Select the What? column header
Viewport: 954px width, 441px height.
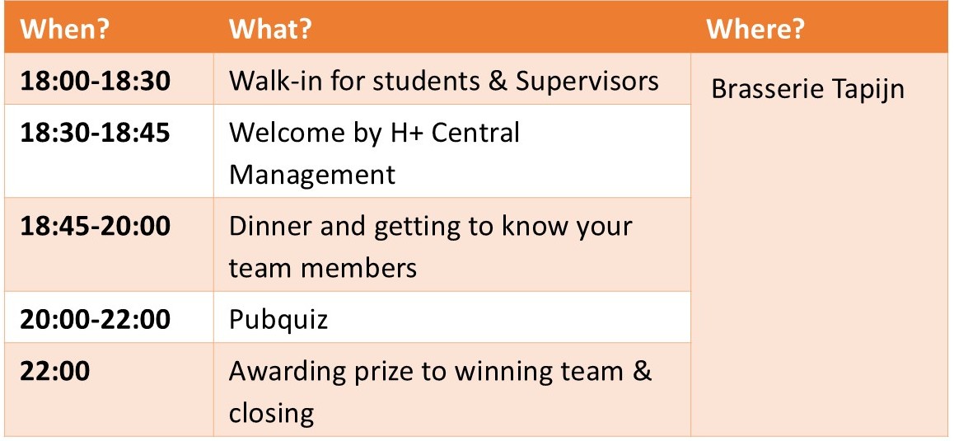click(x=270, y=29)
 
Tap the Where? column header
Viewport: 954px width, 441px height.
click(x=755, y=29)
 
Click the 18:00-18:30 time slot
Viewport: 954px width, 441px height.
click(x=95, y=81)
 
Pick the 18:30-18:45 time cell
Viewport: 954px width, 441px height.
click(x=95, y=133)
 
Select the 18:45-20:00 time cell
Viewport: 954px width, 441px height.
click(x=95, y=226)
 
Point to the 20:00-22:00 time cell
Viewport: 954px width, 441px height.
click(x=95, y=319)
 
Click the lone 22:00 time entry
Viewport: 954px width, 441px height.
click(x=54, y=371)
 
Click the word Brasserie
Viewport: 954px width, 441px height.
click(x=767, y=89)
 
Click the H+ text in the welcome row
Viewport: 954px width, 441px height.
click(x=406, y=133)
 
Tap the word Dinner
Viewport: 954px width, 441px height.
click(x=270, y=226)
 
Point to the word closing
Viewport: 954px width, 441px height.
click(x=271, y=414)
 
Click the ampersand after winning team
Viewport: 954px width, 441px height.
click(x=641, y=371)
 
